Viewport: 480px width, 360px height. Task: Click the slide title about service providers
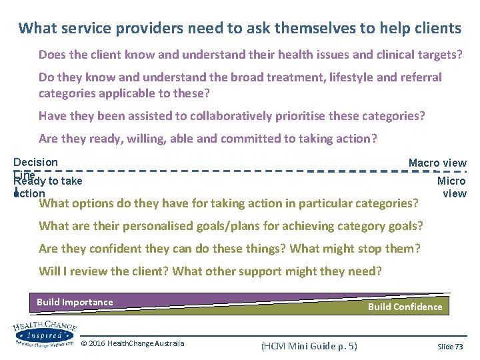coord(240,28)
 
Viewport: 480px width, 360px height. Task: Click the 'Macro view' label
coord(437,163)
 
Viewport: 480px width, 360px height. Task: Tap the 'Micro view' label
coord(452,187)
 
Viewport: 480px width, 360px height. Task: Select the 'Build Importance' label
coord(75,302)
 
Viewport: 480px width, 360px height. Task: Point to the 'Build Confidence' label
coord(405,307)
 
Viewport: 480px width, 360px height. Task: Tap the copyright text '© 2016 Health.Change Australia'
coord(133,344)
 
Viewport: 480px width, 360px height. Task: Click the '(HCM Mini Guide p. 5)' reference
coord(309,345)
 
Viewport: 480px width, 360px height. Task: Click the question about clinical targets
coord(250,54)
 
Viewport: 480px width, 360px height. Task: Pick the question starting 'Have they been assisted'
coord(231,116)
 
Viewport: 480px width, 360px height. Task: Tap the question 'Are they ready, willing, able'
coord(207,139)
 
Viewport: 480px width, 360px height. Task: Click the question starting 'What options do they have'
coord(229,203)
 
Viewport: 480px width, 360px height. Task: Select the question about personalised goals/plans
coord(231,225)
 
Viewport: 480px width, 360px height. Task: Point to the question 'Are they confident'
coord(229,249)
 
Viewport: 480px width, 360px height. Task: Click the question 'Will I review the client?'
coord(210,271)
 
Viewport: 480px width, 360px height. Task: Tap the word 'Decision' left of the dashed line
coord(36,162)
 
